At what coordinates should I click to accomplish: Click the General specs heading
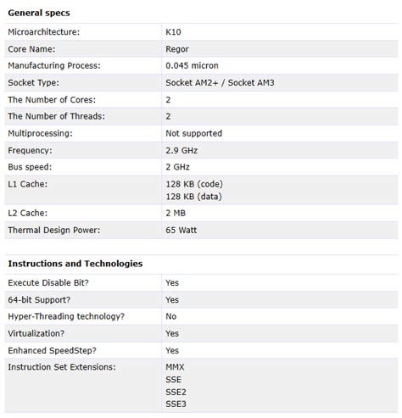pyautogui.click(x=39, y=13)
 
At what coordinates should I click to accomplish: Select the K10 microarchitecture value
pyautogui.click(x=173, y=31)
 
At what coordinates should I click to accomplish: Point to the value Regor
pyautogui.click(x=177, y=48)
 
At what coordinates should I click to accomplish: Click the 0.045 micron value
pyautogui.click(x=193, y=65)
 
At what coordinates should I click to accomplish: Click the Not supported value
pyautogui.click(x=193, y=133)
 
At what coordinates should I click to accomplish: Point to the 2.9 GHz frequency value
pyautogui.click(x=181, y=150)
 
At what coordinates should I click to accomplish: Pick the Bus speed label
pyautogui.click(x=33, y=167)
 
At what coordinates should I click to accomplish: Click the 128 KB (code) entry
pyautogui.click(x=194, y=184)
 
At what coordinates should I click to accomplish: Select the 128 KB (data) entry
pyautogui.click(x=194, y=195)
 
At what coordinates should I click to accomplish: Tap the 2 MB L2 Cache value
pyautogui.click(x=176, y=213)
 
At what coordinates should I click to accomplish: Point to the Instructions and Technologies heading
pyautogui.click(x=75, y=264)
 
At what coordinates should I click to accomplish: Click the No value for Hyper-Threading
pyautogui.click(x=171, y=316)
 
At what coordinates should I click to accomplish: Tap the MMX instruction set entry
pyautogui.click(x=175, y=367)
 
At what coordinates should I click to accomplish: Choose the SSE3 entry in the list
pyautogui.click(x=176, y=404)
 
